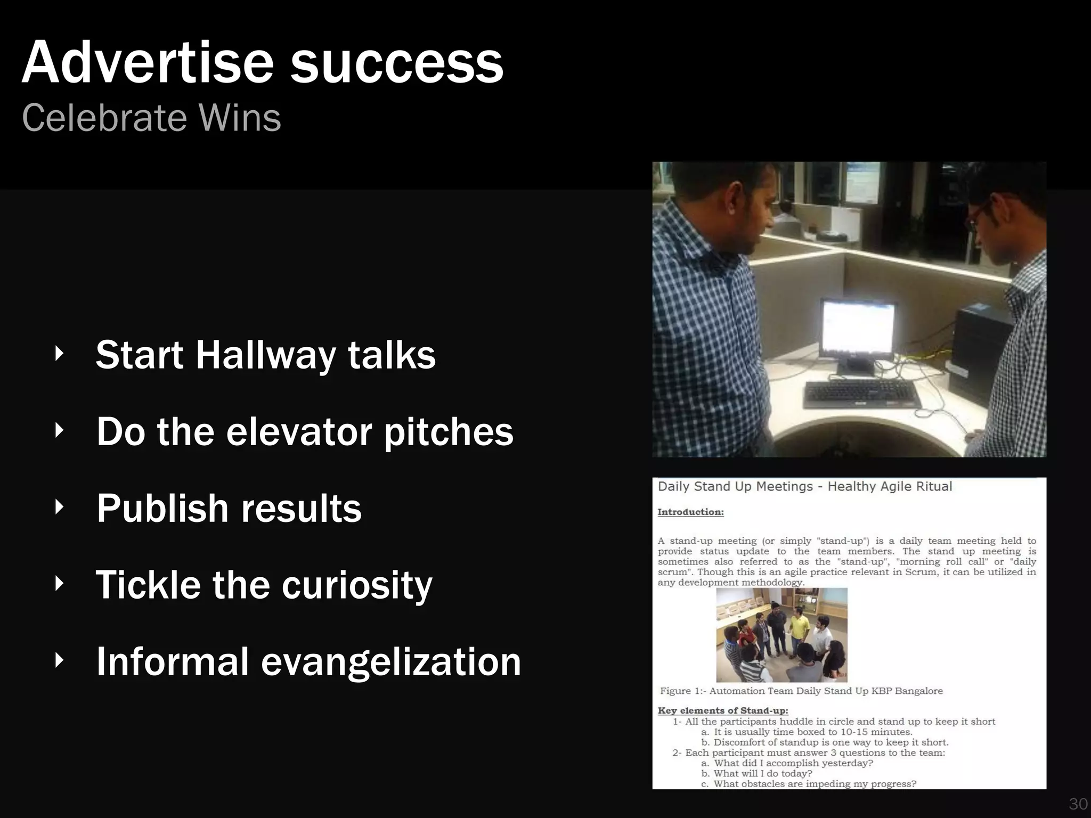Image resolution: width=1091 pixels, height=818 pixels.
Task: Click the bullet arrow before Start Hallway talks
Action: (x=59, y=354)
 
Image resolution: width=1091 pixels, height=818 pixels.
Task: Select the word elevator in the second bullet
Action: (x=298, y=431)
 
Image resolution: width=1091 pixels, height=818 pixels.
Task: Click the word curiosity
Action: (x=356, y=585)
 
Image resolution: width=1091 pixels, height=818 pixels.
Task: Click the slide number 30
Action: (x=1078, y=804)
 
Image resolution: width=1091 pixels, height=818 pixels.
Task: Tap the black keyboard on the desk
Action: (x=861, y=395)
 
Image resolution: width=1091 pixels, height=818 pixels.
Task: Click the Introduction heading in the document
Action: (x=690, y=512)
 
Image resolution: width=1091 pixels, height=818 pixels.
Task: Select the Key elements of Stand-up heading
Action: (x=722, y=710)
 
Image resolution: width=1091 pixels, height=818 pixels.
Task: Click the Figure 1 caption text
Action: (x=801, y=691)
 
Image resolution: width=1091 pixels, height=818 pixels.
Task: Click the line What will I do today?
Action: (x=763, y=773)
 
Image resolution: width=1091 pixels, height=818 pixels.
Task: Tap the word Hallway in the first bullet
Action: (x=266, y=355)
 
